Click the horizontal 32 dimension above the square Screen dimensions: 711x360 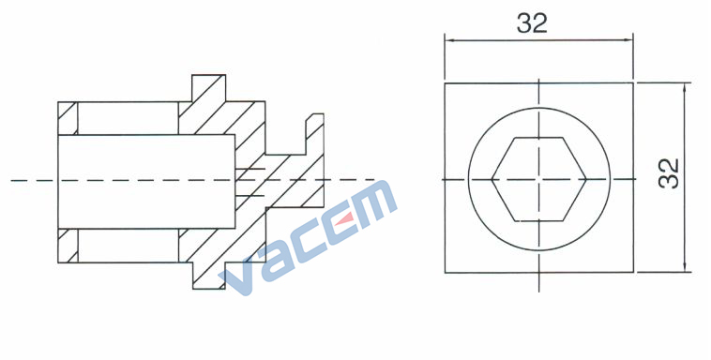coord(533,23)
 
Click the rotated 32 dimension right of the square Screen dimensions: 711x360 coord(669,173)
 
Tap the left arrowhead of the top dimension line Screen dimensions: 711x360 coord(449,40)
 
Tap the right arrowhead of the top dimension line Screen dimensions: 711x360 coord(628,40)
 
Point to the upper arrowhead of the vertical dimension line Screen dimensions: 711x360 coord(685,87)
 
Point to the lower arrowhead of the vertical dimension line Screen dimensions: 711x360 coord(685,267)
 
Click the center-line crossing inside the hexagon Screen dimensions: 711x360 coord(538,180)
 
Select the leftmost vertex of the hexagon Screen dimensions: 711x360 coord(492,180)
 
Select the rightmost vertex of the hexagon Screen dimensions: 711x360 coord(586,180)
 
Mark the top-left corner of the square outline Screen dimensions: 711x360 coord(445,83)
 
